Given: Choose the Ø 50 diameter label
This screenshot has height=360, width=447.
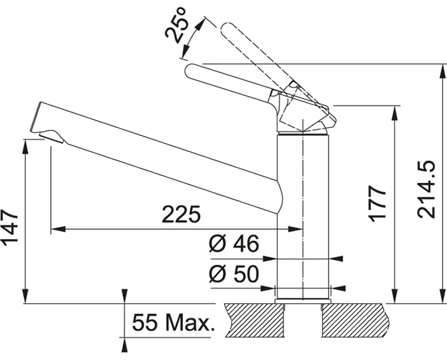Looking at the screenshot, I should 234,274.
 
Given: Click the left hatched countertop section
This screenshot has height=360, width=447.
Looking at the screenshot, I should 255,319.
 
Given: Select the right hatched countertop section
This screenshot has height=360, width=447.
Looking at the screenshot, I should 355,319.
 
